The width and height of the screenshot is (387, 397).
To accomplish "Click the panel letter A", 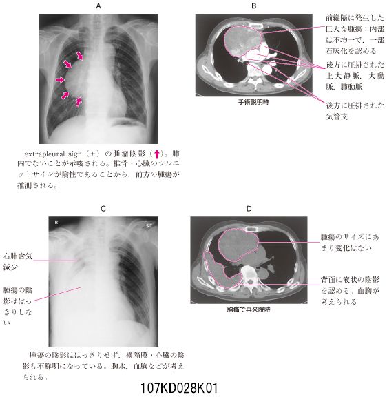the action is point(98,6).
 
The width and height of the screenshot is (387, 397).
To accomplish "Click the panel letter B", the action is point(253,6).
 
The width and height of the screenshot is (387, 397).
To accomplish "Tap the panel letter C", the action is point(103,209).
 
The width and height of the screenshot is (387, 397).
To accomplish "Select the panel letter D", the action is point(249,209).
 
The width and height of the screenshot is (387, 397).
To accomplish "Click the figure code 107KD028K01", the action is point(179,387).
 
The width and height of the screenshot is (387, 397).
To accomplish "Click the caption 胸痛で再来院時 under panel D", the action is point(249,309).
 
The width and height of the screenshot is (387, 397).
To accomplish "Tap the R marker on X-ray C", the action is point(56,223).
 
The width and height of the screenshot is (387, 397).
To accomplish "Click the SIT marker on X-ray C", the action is point(149,226).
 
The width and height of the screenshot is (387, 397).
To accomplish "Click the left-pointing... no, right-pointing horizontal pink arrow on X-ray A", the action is point(60,80).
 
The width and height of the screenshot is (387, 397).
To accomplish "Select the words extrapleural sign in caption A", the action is point(53,154).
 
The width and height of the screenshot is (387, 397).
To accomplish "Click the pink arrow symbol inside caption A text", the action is point(157,154).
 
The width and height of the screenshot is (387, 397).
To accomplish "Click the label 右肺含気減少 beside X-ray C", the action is point(18,261).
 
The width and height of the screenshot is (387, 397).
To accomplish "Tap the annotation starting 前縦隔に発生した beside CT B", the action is point(355,34).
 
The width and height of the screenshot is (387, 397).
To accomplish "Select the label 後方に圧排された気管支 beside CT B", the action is point(355,111).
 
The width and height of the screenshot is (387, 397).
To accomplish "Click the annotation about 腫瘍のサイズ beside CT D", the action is point(350,242).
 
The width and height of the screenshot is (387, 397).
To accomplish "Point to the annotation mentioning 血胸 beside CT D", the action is point(350,291).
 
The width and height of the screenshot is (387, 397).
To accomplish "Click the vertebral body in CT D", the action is point(249,273).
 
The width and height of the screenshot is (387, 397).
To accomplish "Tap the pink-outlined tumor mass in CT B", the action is point(243,41).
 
